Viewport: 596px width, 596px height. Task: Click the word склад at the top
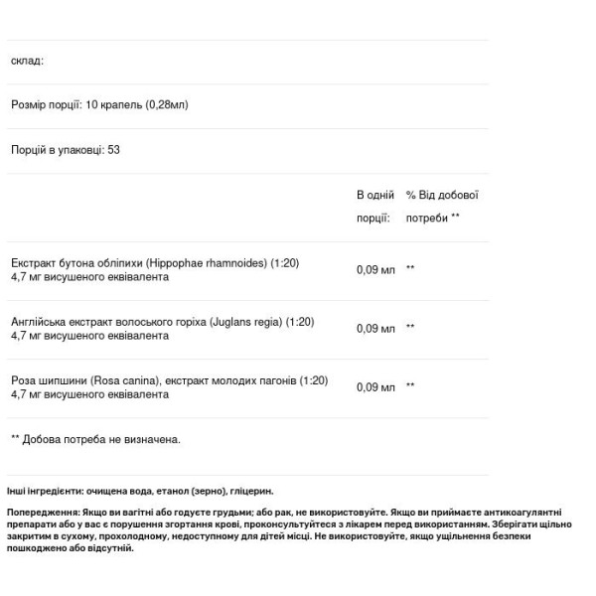(27, 61)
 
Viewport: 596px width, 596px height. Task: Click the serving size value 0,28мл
(167, 104)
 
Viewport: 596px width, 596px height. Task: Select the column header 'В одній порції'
(375, 206)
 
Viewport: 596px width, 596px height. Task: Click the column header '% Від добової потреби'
(442, 206)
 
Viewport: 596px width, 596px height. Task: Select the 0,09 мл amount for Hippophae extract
(375, 270)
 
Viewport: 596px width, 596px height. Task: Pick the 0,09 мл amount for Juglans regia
(375, 329)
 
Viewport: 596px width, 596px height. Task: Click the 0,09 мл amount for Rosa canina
(375, 387)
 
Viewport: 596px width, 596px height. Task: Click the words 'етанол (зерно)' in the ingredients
(189, 491)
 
